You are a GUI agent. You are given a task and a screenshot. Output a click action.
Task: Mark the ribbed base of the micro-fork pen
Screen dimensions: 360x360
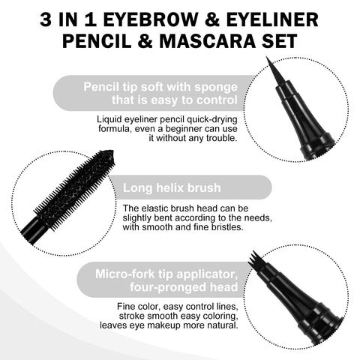point(319,326)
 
